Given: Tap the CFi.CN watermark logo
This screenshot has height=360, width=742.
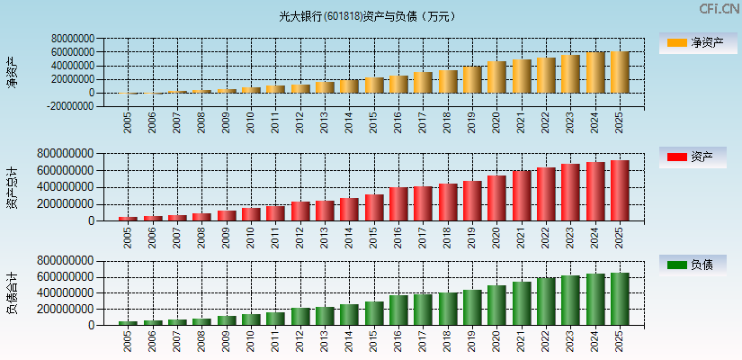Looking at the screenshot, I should (719, 8).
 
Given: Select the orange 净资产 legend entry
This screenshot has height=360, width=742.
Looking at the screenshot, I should (697, 42).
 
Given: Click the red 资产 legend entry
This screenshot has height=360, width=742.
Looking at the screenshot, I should (697, 157).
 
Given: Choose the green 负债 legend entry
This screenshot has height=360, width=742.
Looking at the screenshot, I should (697, 265).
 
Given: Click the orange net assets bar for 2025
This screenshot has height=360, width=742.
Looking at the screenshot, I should (621, 72).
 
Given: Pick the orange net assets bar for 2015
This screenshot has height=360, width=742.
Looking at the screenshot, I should (374, 85).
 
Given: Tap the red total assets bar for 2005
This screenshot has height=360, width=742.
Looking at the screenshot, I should (128, 219).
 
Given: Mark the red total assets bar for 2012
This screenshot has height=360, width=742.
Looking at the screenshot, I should (300, 211).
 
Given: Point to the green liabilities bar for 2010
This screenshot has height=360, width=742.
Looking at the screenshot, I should (251, 319).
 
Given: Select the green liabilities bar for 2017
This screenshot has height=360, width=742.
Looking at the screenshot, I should (423, 310).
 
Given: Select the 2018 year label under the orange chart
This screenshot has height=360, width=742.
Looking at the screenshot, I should (448, 121).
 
